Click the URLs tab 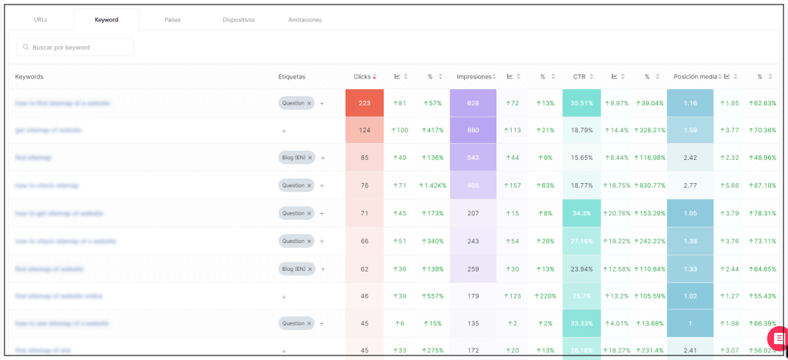point(41,19)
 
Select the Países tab point(172,19)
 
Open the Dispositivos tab point(239,19)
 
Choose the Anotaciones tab point(305,19)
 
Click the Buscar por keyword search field point(75,48)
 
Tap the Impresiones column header point(474,77)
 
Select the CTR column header point(579,77)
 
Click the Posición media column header point(695,77)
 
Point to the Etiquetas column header point(292,77)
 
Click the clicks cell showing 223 point(365,103)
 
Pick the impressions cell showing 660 point(473,131)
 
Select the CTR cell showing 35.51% point(582,103)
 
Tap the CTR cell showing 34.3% point(582,213)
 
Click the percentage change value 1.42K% point(432,185)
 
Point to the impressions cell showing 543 point(473,158)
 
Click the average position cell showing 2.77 point(689,185)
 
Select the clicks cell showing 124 point(365,131)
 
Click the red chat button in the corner point(778,337)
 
